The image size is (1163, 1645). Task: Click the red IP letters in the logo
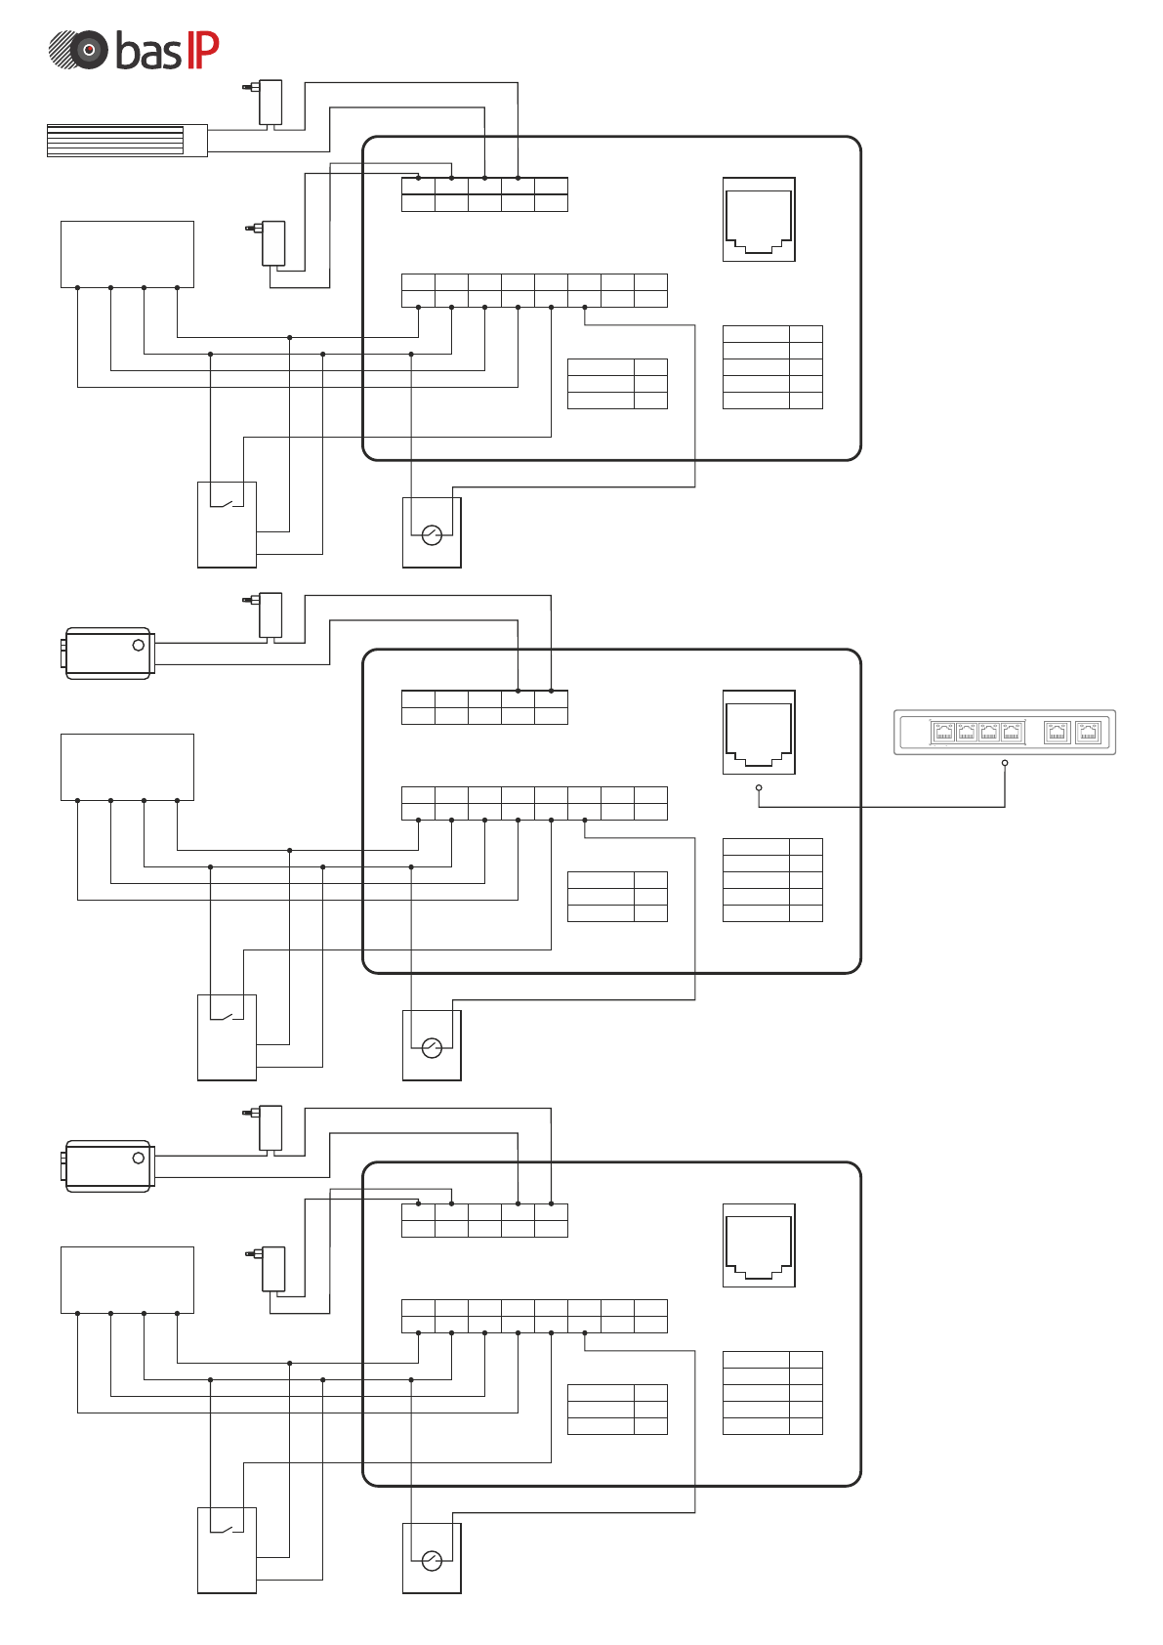tap(202, 50)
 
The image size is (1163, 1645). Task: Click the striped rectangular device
tap(127, 141)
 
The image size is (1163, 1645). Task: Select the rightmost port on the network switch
tap(1088, 732)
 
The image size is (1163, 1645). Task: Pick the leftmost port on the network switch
tap(943, 732)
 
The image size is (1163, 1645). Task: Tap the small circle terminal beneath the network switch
tap(1005, 763)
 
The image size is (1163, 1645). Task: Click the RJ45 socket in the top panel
tap(759, 220)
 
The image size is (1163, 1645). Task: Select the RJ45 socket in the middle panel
tap(759, 733)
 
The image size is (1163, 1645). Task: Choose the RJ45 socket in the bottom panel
tap(759, 1245)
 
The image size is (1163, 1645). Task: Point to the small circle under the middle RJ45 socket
tap(759, 787)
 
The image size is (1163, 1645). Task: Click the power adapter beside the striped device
tap(270, 102)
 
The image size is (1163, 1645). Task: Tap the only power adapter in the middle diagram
tap(270, 614)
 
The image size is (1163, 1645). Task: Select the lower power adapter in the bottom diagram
tap(272, 1268)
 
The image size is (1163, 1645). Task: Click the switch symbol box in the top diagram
tap(227, 525)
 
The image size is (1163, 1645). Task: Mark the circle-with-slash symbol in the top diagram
tap(432, 534)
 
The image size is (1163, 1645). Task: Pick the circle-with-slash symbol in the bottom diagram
tap(432, 1560)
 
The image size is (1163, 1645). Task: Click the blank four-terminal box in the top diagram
tap(127, 254)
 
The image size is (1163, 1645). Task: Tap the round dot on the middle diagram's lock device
tap(139, 645)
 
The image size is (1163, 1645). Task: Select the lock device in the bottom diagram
tap(108, 1165)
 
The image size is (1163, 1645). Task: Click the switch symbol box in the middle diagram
tap(227, 1037)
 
